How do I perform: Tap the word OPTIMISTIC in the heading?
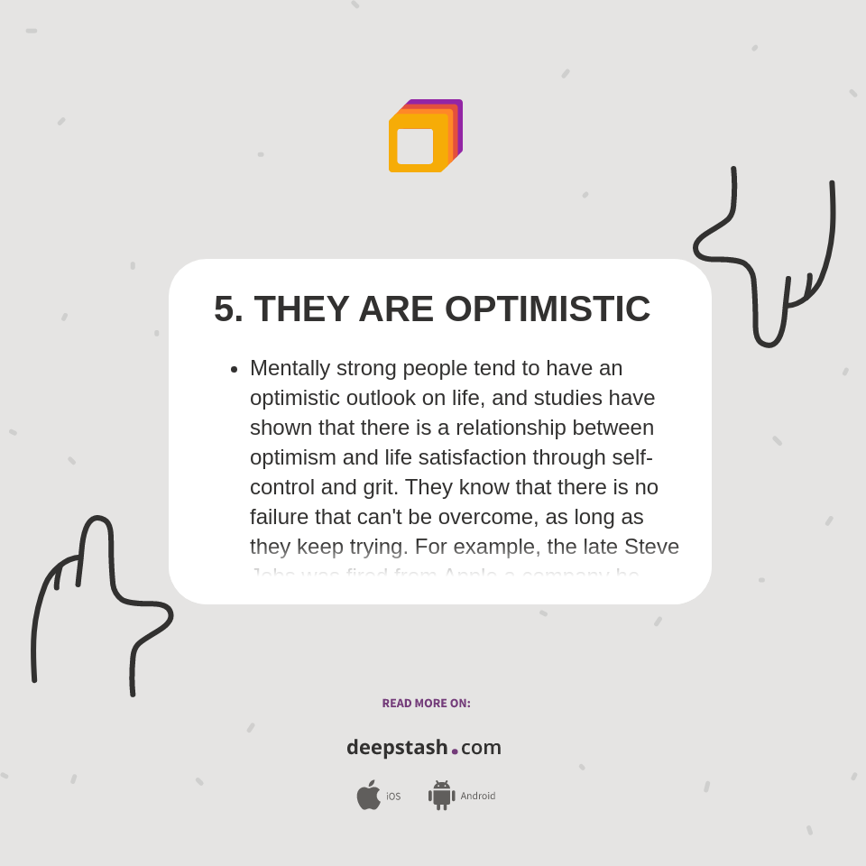(x=547, y=309)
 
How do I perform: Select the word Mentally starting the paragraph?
(x=294, y=368)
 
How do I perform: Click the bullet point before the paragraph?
(x=235, y=369)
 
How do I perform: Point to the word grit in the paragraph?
(x=377, y=487)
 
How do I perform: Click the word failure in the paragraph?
(x=280, y=517)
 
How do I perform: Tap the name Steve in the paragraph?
(x=651, y=547)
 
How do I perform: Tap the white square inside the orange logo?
(x=415, y=146)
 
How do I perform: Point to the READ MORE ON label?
(x=426, y=704)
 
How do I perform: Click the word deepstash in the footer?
(x=397, y=747)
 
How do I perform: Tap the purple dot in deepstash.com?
(x=455, y=751)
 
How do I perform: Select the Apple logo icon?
(x=368, y=795)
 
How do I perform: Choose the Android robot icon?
(x=441, y=796)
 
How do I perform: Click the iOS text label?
(x=393, y=797)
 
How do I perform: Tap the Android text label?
(x=478, y=797)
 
